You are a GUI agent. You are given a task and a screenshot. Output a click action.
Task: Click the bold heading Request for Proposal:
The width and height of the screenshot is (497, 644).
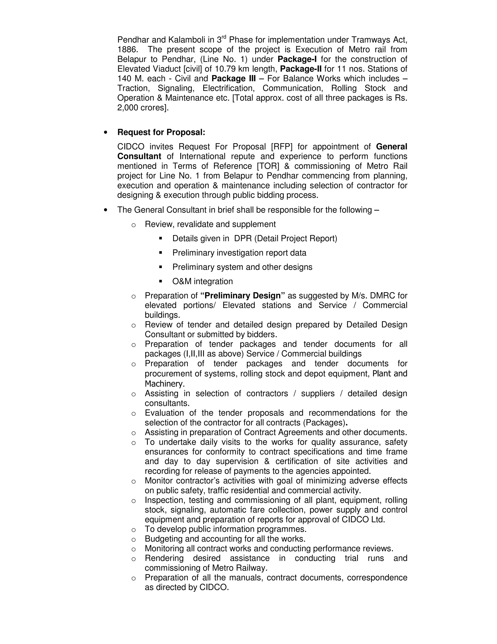click(x=161, y=132)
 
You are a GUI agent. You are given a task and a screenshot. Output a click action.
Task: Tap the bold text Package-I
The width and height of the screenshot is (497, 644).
click(x=297, y=59)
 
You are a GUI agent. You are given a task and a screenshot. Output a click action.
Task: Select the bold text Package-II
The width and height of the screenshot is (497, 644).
click(x=301, y=69)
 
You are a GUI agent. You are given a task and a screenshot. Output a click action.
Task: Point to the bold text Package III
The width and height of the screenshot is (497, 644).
click(x=233, y=79)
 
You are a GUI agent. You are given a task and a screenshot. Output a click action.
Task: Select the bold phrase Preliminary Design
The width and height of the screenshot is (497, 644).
click(x=243, y=296)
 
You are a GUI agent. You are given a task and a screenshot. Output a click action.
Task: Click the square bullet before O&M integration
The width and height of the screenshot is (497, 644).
click(x=160, y=281)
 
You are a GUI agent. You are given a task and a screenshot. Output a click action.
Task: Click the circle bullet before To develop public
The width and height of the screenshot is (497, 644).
click(x=133, y=530)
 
